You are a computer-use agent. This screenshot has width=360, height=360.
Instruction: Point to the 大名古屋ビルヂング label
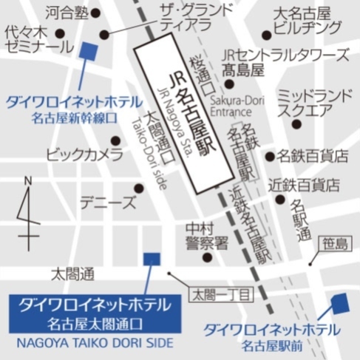(x=307, y=21)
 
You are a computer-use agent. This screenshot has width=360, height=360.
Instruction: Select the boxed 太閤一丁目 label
(x=223, y=294)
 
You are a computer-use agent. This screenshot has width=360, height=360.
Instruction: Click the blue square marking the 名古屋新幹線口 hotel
(x=88, y=51)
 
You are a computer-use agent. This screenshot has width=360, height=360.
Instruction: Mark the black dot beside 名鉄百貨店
(x=270, y=156)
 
